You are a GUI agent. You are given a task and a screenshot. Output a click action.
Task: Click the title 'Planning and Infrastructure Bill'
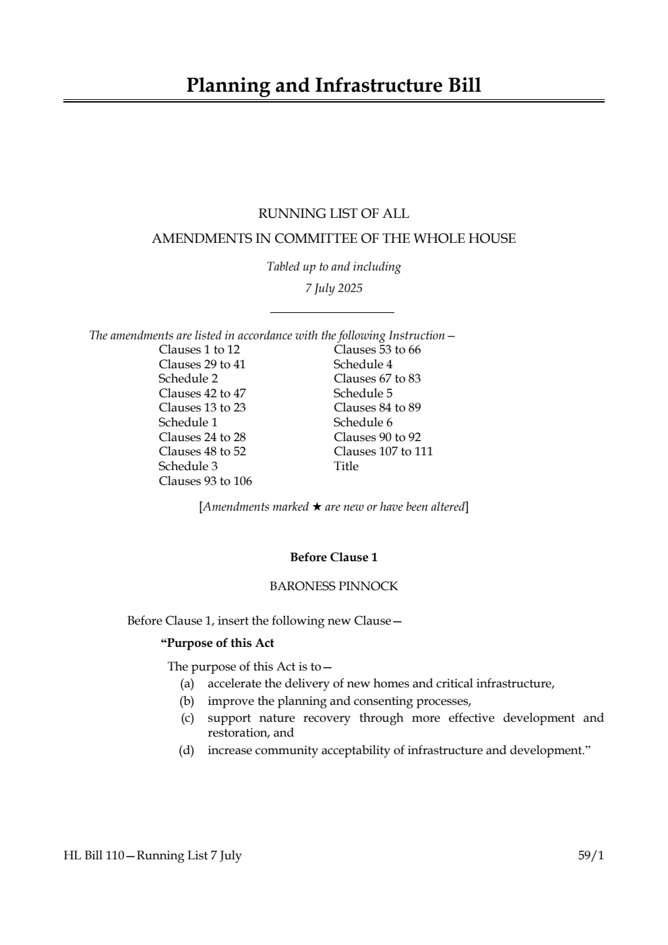334,86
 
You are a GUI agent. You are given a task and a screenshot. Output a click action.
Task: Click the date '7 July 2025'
334,289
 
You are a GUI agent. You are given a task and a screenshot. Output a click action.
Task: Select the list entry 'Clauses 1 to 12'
199,349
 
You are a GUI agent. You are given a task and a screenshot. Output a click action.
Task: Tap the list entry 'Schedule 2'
188,378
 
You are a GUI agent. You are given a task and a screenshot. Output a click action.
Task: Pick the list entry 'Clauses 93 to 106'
205,481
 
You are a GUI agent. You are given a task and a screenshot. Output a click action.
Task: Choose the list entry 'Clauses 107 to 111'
383,451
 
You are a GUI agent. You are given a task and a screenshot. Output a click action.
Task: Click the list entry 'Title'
346,466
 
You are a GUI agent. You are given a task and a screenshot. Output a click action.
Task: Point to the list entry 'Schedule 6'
363,422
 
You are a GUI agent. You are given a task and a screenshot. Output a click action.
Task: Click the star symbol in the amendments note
317,507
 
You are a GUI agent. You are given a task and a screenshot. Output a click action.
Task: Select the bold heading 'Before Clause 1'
334,557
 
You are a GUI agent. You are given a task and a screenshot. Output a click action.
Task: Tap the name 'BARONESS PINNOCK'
334,586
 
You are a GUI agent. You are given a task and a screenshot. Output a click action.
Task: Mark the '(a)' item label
186,684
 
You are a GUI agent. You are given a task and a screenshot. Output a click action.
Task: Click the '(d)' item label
186,750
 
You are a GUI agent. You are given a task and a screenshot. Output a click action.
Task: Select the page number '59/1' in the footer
590,855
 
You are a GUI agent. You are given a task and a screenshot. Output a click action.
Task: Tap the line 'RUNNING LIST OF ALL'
334,214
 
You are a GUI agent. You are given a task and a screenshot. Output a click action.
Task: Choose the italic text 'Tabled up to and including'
334,266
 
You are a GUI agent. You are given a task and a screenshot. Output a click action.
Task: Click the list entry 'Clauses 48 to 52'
202,451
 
